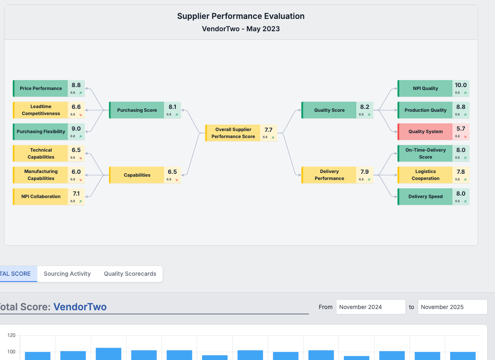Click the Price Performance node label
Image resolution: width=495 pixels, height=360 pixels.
pyautogui.click(x=41, y=88)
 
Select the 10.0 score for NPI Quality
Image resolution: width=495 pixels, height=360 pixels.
pyautogui.click(x=460, y=85)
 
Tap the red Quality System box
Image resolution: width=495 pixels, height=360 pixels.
pyautogui.click(x=425, y=132)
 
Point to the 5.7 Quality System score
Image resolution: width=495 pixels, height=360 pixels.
pyautogui.click(x=460, y=129)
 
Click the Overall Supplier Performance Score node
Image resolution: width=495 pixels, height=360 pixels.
pyautogui.click(x=233, y=133)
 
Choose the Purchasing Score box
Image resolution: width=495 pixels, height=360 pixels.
pyautogui.click(x=137, y=110)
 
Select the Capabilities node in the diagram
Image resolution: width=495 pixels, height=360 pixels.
pyautogui.click(x=137, y=175)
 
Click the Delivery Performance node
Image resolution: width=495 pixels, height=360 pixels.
pyautogui.click(x=329, y=175)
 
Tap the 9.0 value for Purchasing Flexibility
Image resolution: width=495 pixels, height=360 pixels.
pyautogui.click(x=76, y=129)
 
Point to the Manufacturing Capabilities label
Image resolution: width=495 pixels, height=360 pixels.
pyautogui.click(x=41, y=175)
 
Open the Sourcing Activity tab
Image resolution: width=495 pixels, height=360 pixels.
pyautogui.click(x=67, y=274)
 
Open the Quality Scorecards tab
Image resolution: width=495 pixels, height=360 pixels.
pyautogui.click(x=130, y=274)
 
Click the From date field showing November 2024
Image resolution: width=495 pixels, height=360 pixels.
pyautogui.click(x=371, y=307)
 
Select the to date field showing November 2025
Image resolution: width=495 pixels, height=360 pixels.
pyautogui.click(x=452, y=307)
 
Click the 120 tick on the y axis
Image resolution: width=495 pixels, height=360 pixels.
pyautogui.click(x=11, y=336)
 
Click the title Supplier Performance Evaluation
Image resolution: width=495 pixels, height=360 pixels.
pyautogui.click(x=241, y=16)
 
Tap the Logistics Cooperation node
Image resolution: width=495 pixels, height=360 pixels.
pyautogui.click(x=425, y=175)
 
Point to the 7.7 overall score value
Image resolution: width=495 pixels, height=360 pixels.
pyautogui.click(x=268, y=130)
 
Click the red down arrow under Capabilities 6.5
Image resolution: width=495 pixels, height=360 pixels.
pyautogui.click(x=177, y=180)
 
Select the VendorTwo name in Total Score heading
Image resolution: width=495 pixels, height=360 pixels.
pyautogui.click(x=80, y=307)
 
